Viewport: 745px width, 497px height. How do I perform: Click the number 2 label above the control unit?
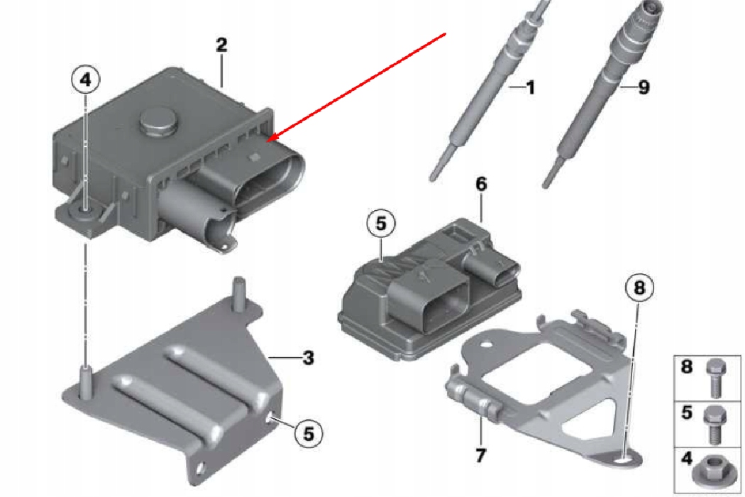221,45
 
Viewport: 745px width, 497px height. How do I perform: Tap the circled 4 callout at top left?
86,80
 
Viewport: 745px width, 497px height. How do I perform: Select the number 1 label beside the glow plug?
530,87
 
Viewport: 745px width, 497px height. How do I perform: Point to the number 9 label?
644,87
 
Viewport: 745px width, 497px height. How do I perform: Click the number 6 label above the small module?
481,184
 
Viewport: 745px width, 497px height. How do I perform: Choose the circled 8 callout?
639,288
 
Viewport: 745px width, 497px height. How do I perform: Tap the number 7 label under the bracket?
480,455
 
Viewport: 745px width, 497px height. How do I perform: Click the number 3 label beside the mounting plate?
309,357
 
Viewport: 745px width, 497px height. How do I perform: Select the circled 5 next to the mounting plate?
308,433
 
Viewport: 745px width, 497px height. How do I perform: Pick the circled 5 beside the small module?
381,223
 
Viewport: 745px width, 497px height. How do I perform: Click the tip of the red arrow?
267,141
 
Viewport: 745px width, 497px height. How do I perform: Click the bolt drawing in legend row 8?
714,378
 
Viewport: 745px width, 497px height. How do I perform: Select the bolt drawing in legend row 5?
714,425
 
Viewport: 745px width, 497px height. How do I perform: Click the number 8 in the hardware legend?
687,366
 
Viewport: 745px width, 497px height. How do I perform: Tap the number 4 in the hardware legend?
687,459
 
